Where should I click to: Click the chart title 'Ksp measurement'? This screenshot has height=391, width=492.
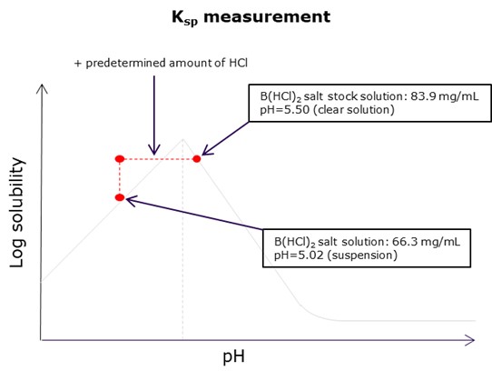(x=251, y=17)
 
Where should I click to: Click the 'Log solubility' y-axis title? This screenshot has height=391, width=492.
(x=17, y=213)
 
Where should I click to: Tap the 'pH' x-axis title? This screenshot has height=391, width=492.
(x=233, y=356)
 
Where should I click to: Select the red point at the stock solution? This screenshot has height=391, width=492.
(x=197, y=159)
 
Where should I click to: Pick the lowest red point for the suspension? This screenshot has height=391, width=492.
(x=120, y=197)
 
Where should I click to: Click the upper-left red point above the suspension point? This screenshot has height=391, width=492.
(x=120, y=159)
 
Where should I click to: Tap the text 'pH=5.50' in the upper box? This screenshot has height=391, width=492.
(x=285, y=110)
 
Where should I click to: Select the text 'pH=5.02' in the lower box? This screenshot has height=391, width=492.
(x=299, y=256)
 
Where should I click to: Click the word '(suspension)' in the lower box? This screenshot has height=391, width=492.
(x=362, y=256)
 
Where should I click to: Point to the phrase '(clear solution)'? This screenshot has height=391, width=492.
(x=354, y=110)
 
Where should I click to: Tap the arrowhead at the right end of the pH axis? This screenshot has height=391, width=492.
(x=469, y=340)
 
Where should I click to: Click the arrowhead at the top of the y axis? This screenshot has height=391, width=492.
(x=42, y=89)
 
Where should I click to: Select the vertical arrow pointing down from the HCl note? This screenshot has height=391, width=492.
(x=154, y=115)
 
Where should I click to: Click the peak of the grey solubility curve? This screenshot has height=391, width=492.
(x=183, y=138)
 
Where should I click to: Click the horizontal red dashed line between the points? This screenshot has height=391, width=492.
(x=158, y=159)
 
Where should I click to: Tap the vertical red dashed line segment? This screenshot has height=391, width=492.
(x=120, y=178)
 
